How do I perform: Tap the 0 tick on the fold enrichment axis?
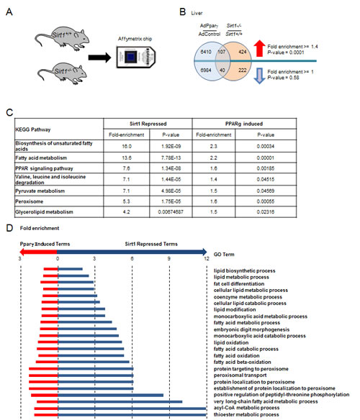point(58,257)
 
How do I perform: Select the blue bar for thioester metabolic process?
point(133,415)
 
